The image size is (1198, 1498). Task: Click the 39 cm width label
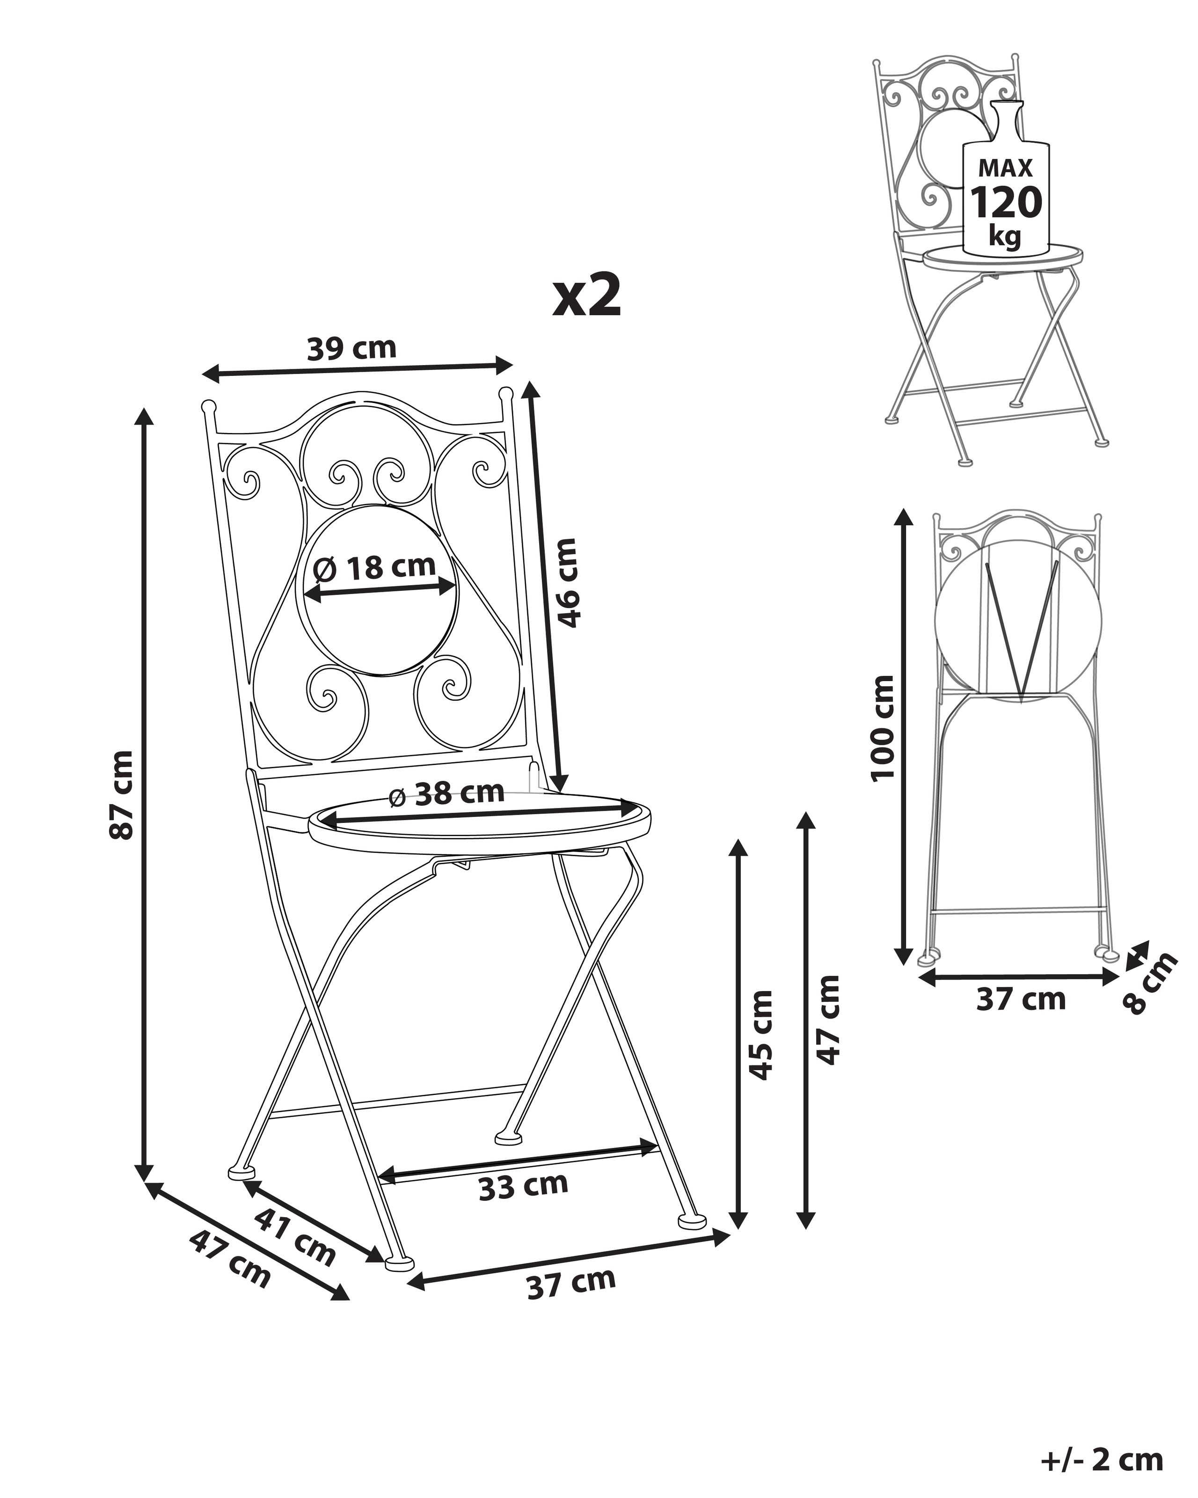[x=351, y=348]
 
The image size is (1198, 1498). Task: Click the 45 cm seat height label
[x=762, y=1035]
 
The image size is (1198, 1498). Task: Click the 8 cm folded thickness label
[x=1152, y=983]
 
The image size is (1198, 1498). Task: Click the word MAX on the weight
[x=1005, y=168]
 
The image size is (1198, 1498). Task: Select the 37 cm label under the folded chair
[x=1020, y=999]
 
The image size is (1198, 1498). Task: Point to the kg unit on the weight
[x=1005, y=236]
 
